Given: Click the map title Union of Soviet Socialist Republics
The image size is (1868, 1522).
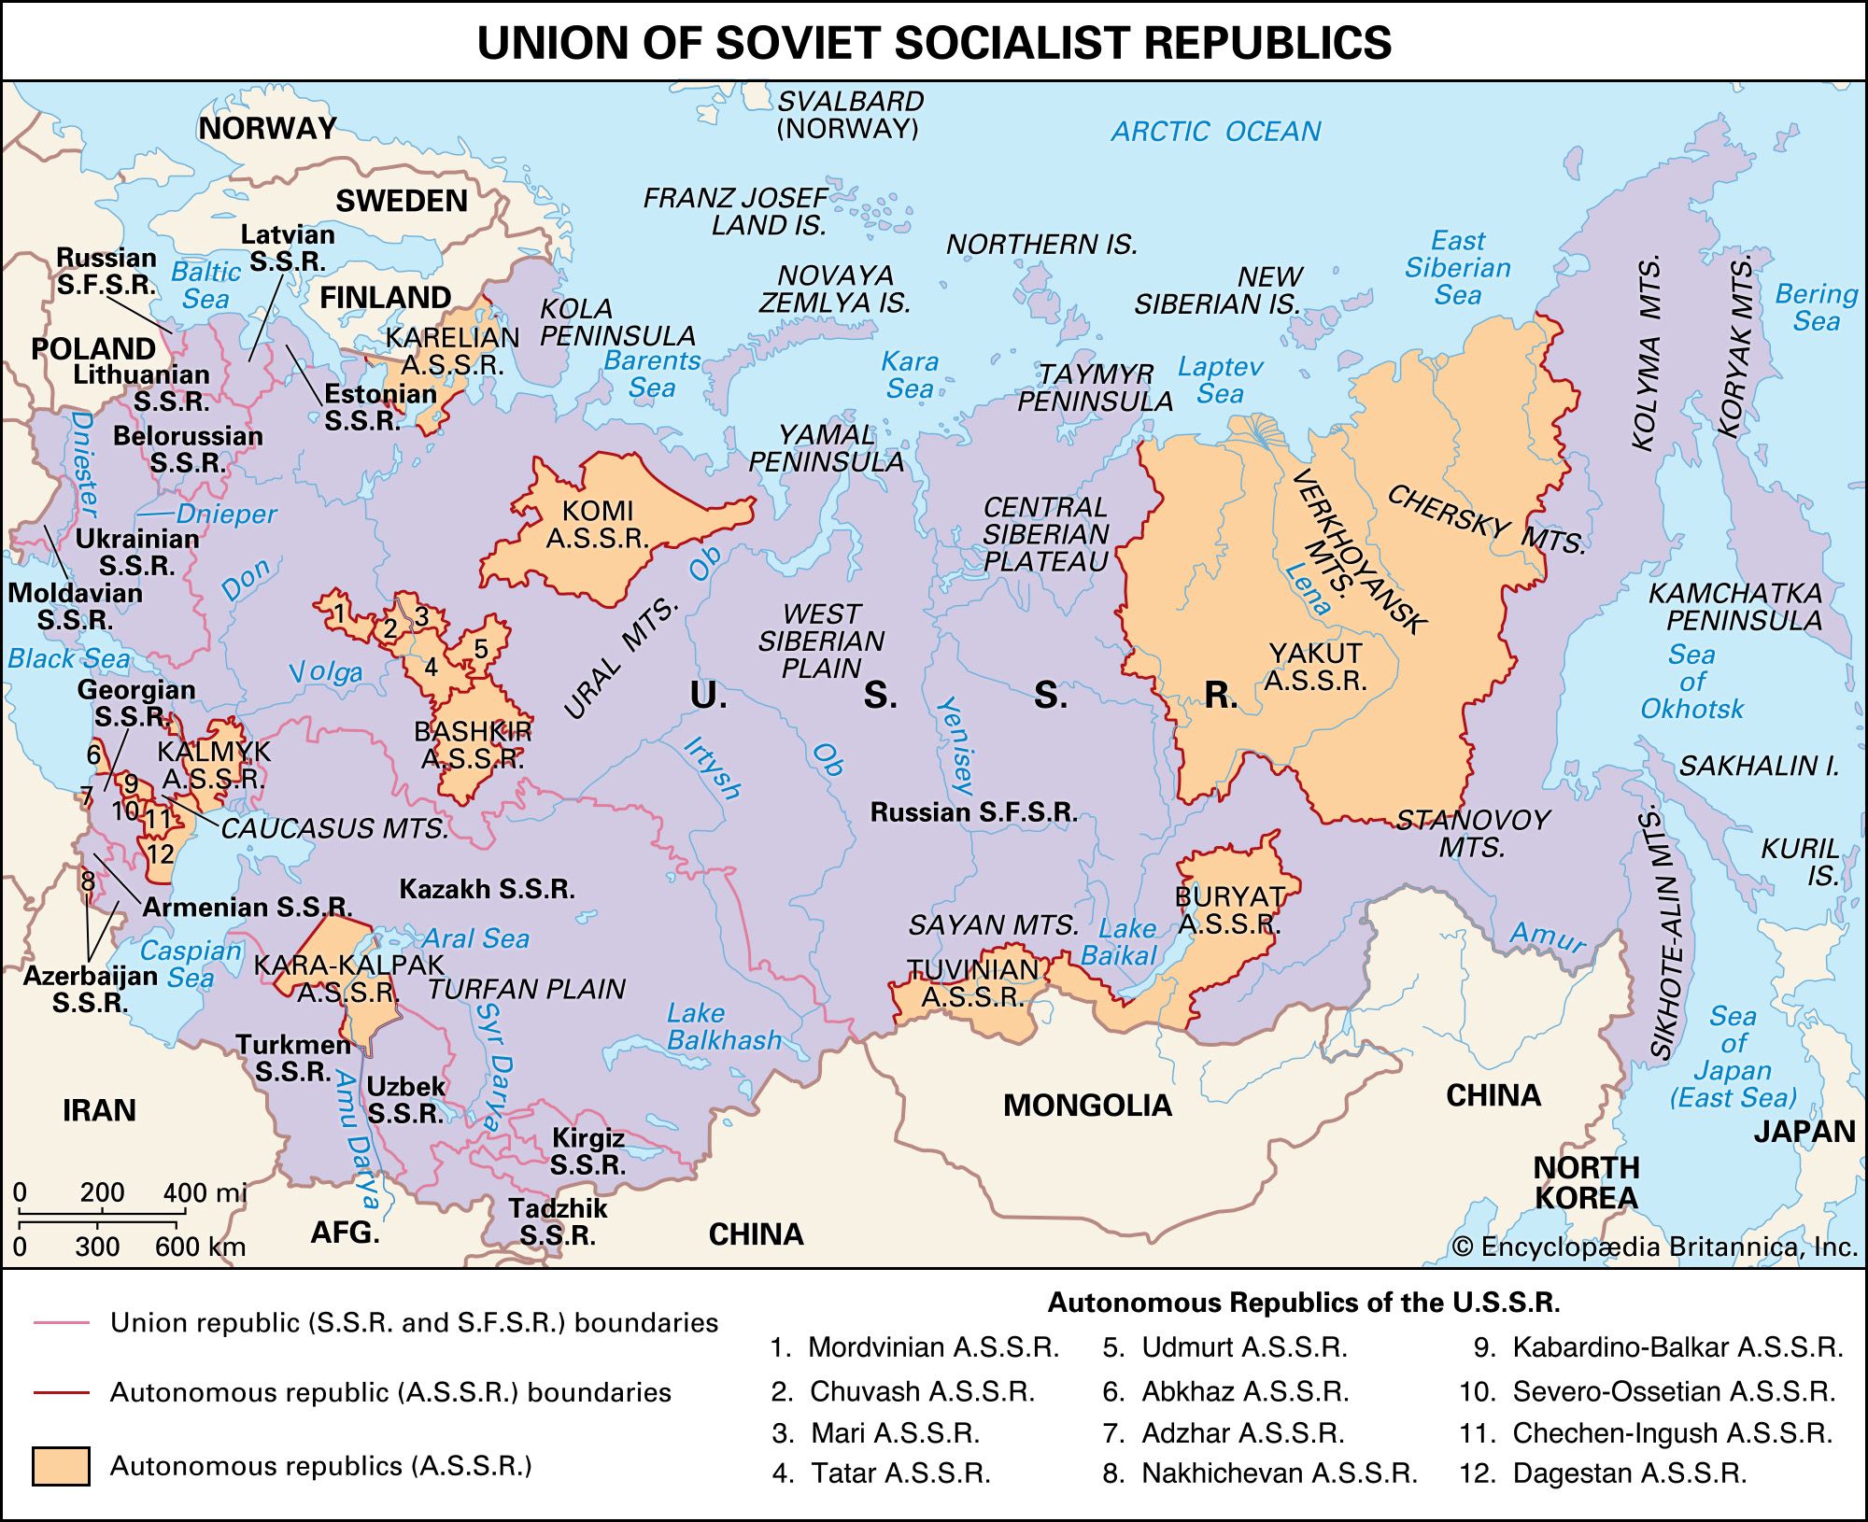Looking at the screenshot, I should [x=934, y=43].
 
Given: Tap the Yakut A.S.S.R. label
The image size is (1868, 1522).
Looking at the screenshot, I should [x=1315, y=667].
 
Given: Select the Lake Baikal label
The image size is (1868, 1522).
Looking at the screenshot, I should [x=1118, y=942].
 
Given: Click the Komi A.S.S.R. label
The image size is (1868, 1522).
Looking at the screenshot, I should [x=598, y=525].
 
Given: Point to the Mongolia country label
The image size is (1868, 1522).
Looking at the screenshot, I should [x=1087, y=1106].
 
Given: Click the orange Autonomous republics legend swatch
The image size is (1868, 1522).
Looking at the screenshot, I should [x=61, y=1466].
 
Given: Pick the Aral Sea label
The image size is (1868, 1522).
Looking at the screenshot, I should [x=475, y=938].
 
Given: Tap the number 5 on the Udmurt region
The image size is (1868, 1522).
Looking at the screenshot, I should [x=481, y=648].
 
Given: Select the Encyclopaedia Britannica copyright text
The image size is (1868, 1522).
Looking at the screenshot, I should [x=1654, y=1247].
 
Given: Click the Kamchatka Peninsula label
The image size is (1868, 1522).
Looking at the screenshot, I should [x=1734, y=607].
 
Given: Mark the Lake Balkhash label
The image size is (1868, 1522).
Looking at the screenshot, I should [x=724, y=1027].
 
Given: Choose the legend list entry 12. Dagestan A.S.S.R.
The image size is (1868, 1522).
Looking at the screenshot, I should [x=1603, y=1473].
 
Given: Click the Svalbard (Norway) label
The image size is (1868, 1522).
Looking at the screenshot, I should [x=849, y=115].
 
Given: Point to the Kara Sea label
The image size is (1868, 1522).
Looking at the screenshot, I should [x=910, y=374].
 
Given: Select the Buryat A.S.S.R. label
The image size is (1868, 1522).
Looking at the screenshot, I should [x=1228, y=910].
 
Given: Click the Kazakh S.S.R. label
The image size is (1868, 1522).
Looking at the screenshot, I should [x=487, y=889].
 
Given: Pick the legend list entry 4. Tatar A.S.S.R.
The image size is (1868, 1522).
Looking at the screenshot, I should [x=881, y=1473].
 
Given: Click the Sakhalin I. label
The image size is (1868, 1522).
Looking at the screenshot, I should [x=1759, y=767].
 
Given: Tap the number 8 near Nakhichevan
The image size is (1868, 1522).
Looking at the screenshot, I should [x=88, y=881].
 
